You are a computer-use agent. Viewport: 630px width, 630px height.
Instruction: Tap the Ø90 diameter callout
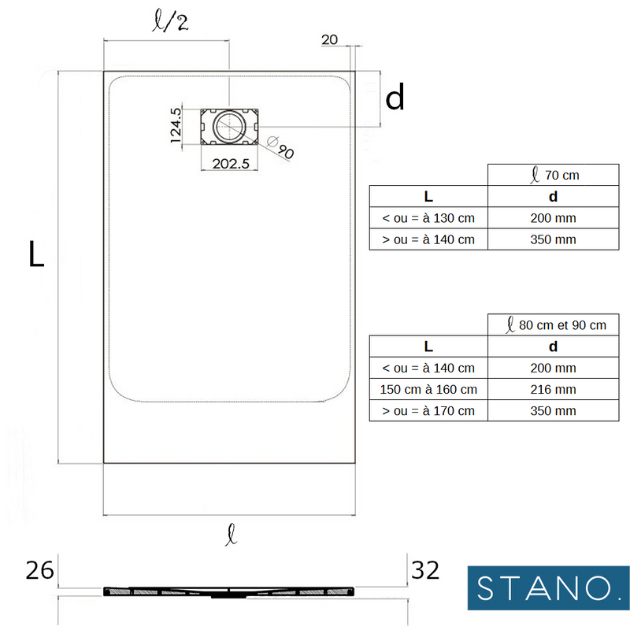point(280,147)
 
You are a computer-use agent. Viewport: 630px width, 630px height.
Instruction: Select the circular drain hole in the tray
point(229,126)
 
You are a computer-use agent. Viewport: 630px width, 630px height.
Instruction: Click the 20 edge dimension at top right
point(330,40)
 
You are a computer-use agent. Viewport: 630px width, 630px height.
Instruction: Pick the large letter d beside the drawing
point(395,98)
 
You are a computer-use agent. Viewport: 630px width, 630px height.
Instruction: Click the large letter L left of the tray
point(36,254)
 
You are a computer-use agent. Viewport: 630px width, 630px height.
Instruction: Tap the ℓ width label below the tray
point(229,537)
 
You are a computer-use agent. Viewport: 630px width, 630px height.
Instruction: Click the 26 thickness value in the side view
point(39,570)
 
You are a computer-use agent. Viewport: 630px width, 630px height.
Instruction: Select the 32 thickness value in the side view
point(425,570)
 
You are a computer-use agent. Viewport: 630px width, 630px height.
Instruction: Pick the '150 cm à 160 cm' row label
point(428,389)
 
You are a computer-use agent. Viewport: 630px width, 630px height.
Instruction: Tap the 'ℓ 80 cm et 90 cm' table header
point(557,324)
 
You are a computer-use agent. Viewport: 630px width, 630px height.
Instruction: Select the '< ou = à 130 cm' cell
point(428,218)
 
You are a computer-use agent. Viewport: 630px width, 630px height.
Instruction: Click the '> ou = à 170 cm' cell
point(428,410)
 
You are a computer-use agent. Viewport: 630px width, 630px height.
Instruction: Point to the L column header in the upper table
point(428,196)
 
